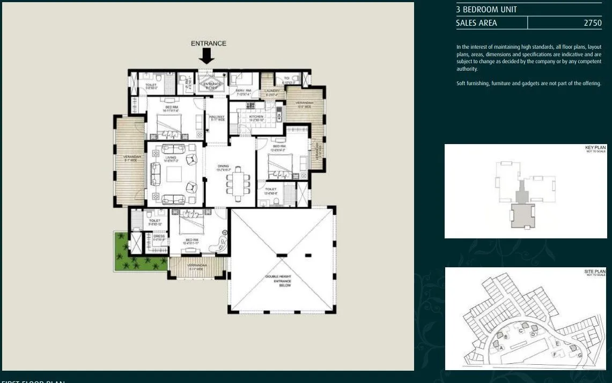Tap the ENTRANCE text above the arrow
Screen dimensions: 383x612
coord(209,43)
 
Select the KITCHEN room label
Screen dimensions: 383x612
coord(256,116)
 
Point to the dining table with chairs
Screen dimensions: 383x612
coord(237,180)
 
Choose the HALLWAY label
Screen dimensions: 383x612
coord(217,117)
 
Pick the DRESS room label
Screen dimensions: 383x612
coord(159,236)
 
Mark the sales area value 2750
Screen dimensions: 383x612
coord(592,23)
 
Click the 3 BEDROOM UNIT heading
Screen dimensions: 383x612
coord(486,10)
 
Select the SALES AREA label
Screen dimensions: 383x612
coord(476,23)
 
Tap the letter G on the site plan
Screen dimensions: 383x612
coord(580,356)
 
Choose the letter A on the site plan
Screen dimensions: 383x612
coord(502,348)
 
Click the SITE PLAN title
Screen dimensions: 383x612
coord(594,272)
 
